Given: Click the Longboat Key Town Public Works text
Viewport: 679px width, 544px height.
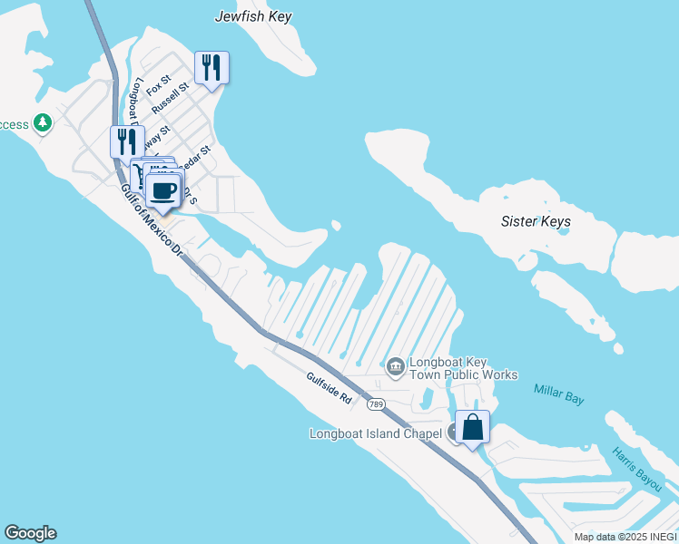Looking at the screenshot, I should (x=463, y=368).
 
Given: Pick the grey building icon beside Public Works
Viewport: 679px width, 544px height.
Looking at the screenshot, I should (x=395, y=366).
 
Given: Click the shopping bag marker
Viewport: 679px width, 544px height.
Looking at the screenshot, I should (x=473, y=427).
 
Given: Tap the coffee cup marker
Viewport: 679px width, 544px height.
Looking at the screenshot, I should (x=163, y=190).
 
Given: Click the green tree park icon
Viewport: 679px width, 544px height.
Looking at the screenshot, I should (x=42, y=122).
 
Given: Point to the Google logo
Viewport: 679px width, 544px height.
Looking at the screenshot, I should (x=30, y=533).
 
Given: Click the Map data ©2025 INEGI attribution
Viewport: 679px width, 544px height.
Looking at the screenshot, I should (x=625, y=537).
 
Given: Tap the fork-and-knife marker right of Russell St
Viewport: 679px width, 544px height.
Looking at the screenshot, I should (x=212, y=68).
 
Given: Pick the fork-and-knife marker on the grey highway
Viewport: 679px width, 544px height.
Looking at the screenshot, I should (x=127, y=142).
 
